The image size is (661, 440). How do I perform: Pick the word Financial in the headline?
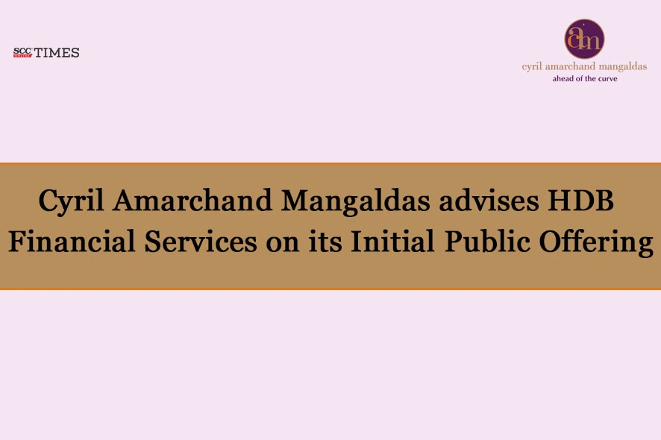pos(78,242)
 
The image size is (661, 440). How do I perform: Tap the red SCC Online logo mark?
pos(22,52)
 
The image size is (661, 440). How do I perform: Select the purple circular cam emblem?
pos(584,39)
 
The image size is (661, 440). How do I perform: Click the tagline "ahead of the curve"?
pos(584,78)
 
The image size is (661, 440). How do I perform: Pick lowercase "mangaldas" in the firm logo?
pos(624,66)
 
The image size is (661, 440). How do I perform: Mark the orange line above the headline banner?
pos(330,163)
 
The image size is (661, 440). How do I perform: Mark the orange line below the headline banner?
pos(330,289)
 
